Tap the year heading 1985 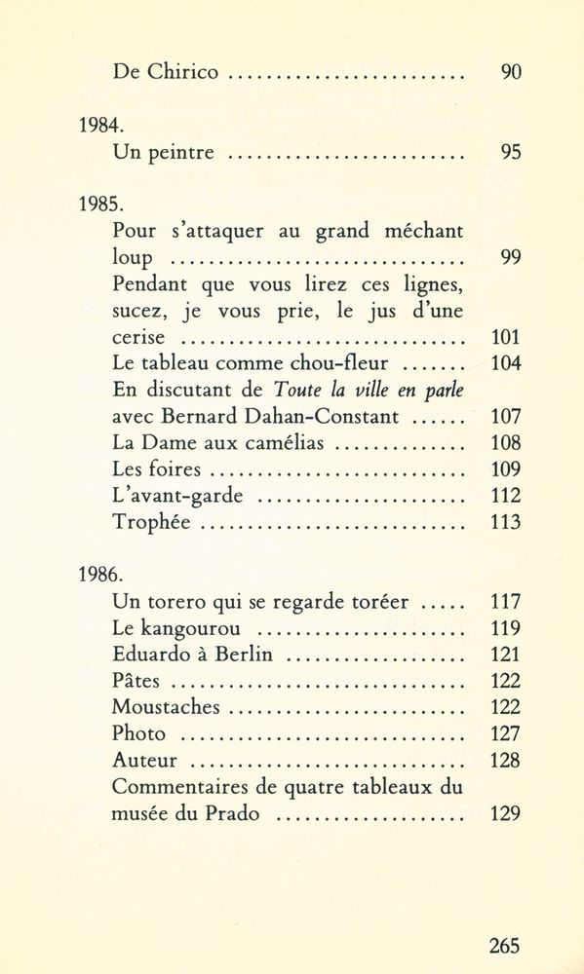point(97,206)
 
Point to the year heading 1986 point(97,575)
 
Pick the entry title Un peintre point(164,153)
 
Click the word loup point(132,260)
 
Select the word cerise point(143,339)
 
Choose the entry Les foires point(153,469)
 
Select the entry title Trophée point(151,522)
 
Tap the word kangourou point(199,628)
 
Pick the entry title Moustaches point(165,707)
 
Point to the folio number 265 point(504,945)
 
